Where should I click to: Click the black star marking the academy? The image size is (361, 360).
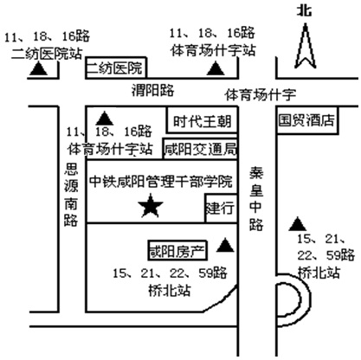[x=151, y=206]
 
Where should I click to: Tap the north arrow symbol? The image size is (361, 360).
[x=305, y=46]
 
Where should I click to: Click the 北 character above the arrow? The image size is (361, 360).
[x=305, y=11]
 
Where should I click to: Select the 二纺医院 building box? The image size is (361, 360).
[x=116, y=67]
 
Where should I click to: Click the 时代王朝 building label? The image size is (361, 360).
[x=202, y=121]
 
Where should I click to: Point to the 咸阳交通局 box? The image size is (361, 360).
[x=200, y=149]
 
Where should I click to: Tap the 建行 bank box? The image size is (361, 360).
[x=221, y=208]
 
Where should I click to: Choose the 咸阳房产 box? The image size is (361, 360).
[x=177, y=251]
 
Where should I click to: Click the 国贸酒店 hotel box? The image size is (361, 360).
[x=307, y=120]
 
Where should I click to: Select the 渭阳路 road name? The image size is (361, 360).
[x=152, y=90]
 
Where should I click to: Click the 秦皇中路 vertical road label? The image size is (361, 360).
[x=256, y=198]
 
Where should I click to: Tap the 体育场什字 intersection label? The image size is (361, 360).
[x=261, y=94]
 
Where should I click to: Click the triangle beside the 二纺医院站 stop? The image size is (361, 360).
[x=38, y=69]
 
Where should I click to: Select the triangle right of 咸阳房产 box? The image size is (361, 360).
[x=225, y=245]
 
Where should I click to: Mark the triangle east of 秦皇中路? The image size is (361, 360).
[x=298, y=224]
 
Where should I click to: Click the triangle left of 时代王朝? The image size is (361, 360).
[x=105, y=119]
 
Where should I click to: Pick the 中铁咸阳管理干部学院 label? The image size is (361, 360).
[x=161, y=181]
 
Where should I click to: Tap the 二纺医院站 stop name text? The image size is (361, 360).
[x=47, y=54]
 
